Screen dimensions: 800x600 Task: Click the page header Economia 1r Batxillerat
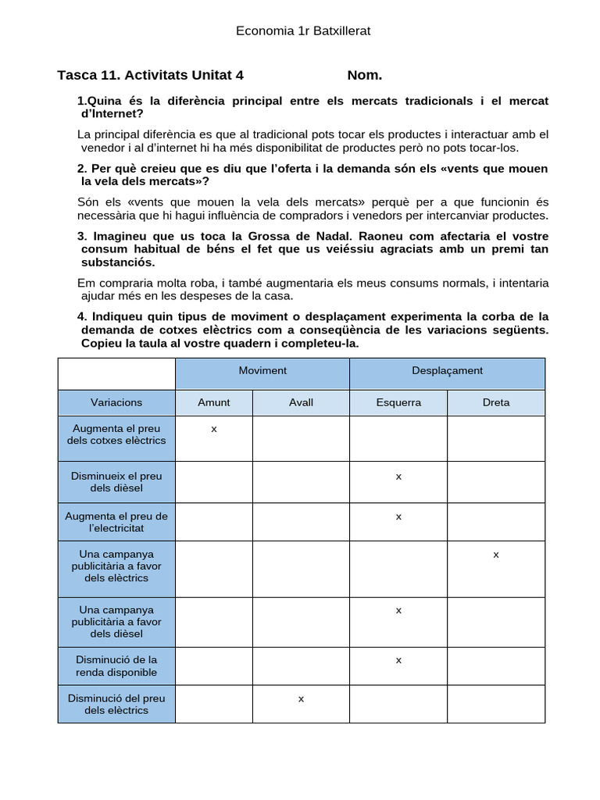303,31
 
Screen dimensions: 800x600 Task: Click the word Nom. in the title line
365,75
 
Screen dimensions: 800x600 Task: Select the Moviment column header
262,371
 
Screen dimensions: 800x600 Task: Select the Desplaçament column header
447,371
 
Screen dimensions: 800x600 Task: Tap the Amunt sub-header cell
214,402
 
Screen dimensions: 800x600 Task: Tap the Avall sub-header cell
301,402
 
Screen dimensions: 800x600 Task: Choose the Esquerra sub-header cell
398,402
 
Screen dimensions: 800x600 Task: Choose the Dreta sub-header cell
496,402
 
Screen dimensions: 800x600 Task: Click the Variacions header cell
116,402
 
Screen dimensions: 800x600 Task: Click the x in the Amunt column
214,429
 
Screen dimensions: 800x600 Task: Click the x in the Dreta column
496,555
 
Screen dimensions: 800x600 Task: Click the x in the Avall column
301,698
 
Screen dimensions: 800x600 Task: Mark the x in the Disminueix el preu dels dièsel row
398,477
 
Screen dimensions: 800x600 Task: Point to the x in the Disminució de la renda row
398,660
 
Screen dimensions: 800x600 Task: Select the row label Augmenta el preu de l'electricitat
116,522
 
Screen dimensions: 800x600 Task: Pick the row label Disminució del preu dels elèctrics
116,704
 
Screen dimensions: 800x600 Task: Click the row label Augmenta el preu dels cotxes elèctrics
116,434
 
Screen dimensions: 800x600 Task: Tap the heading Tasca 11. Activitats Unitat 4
151,75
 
